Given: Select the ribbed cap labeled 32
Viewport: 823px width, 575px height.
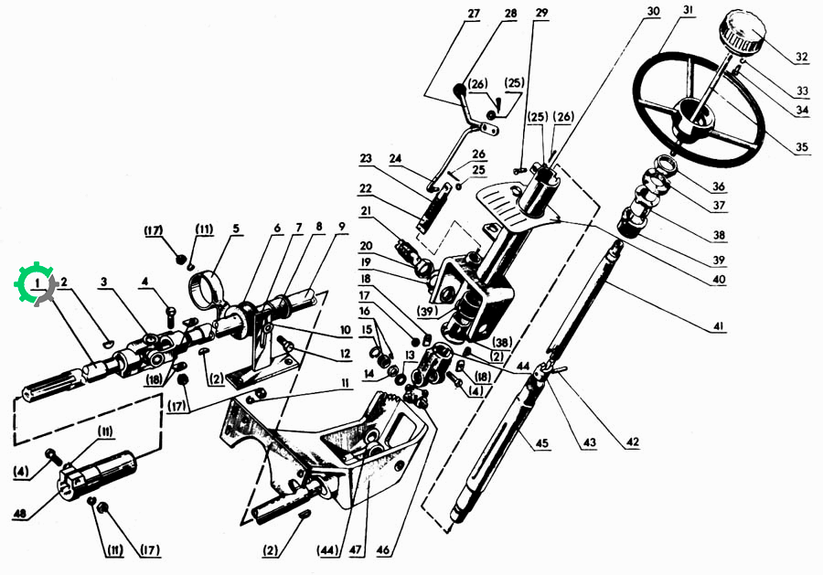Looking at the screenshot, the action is [743, 33].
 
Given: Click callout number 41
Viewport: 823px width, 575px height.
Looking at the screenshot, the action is [718, 326].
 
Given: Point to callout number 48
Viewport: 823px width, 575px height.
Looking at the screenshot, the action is [20, 514].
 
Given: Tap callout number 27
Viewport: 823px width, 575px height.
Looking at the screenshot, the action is [474, 13].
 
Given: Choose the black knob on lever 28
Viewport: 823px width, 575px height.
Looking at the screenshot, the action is [460, 90].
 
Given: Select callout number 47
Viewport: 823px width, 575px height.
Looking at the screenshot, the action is [356, 549].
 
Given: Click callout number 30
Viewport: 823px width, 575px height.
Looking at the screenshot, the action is [652, 12].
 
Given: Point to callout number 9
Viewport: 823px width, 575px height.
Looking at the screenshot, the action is [342, 228].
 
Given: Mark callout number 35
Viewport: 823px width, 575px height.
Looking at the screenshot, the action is [801, 146].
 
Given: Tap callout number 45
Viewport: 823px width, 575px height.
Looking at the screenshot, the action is [541, 443].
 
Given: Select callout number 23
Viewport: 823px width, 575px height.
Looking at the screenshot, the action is [366, 158].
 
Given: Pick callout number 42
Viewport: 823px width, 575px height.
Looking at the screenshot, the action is [632, 442].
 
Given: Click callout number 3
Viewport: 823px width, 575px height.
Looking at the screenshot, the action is [104, 282].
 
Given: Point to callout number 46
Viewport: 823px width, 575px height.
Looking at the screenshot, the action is [383, 549].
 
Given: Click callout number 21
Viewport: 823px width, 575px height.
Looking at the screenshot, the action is [366, 210].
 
